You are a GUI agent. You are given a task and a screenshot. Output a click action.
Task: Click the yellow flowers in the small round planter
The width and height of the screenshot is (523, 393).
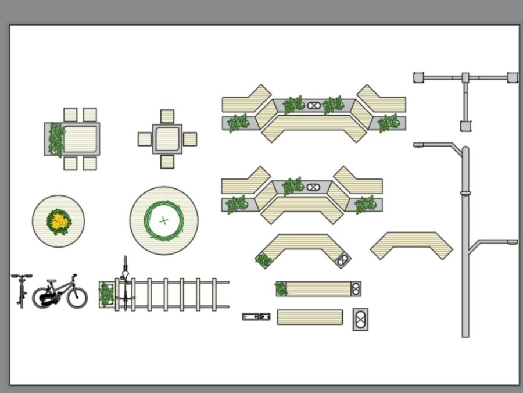[x=58, y=221]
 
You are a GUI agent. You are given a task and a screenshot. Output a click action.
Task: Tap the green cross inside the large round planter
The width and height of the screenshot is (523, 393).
[x=164, y=220]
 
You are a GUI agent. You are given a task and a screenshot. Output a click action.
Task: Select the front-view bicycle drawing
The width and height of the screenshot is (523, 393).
[x=22, y=290]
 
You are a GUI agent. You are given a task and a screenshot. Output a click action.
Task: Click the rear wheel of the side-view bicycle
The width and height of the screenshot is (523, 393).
[x=43, y=298]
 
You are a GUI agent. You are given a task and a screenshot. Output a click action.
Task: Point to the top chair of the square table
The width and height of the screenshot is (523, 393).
[x=167, y=116]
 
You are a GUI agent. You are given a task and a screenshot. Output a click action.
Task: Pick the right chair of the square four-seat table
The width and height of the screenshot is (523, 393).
[x=190, y=139]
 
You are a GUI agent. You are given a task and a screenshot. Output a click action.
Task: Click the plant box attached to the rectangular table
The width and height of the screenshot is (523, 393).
[x=55, y=139]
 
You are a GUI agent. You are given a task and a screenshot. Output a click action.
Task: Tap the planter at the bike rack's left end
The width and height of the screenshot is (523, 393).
[x=106, y=294]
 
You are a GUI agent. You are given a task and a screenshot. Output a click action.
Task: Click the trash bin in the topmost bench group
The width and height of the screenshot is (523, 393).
[x=314, y=106]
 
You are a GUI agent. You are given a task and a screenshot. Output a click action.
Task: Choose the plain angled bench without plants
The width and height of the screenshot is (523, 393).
[x=411, y=245]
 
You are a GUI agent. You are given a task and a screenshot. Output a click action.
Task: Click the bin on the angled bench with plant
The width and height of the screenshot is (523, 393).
[x=343, y=260]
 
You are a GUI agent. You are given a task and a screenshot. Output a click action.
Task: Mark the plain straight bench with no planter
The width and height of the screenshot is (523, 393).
[x=310, y=317]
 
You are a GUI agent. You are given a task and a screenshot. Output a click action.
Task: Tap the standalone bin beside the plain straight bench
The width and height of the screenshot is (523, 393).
[x=360, y=319]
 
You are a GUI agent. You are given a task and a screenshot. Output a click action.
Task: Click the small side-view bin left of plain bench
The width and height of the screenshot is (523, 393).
[x=256, y=317]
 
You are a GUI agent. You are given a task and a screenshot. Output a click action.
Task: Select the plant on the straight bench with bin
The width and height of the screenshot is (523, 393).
[x=281, y=288]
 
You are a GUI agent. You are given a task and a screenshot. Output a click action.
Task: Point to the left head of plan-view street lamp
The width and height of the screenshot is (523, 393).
[x=418, y=77]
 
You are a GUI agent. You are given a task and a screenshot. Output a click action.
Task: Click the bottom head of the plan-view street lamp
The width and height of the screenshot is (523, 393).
[x=465, y=126]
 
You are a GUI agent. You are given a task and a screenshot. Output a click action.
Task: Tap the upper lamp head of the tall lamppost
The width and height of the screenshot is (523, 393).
[x=419, y=145]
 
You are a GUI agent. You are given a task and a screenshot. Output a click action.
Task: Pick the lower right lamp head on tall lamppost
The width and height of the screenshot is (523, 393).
[x=512, y=242]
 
